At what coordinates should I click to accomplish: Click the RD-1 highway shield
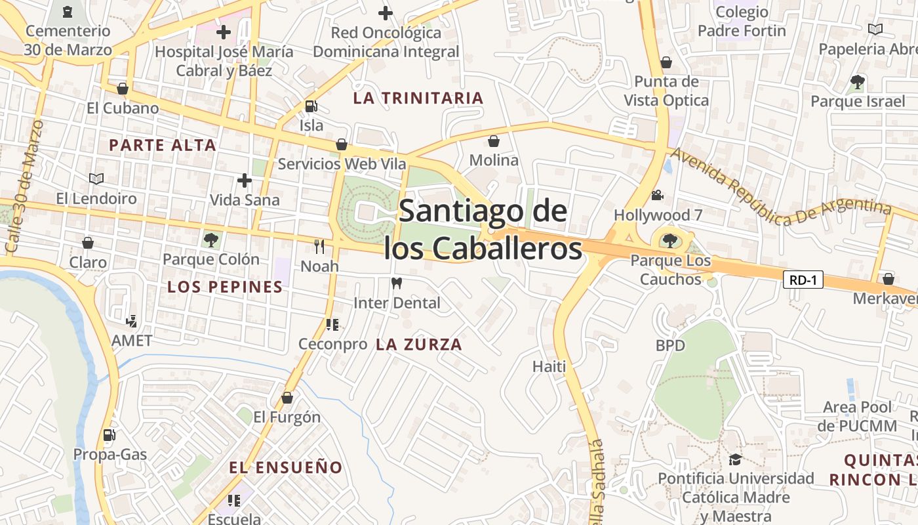803,280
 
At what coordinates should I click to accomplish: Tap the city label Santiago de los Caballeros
483,230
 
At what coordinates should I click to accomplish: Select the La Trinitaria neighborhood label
418,98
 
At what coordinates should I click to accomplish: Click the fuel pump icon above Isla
311,106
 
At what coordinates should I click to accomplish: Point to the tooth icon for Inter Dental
396,283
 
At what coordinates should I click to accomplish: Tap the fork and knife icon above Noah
319,247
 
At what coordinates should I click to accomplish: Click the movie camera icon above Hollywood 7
656,196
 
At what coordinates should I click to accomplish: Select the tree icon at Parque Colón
210,240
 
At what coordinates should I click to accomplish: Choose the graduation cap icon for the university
735,459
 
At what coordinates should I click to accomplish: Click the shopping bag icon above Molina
494,141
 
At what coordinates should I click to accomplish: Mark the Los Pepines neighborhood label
225,287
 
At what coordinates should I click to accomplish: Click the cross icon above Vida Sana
245,180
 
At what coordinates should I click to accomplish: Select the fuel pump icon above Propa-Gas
110,434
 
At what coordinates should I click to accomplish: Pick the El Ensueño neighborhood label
286,467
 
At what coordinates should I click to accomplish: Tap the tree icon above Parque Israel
857,82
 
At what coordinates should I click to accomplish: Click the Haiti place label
549,366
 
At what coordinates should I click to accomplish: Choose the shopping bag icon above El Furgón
287,398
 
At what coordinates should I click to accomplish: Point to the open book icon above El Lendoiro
96,178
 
